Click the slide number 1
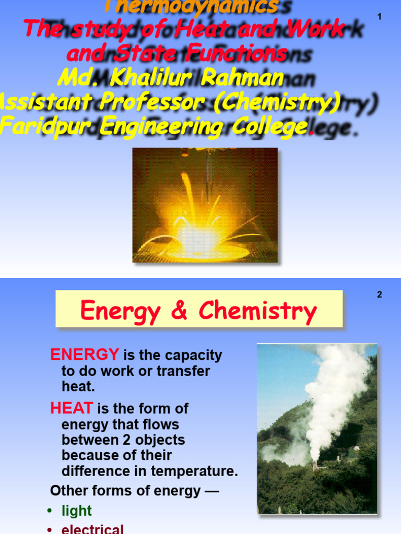tap(380, 17)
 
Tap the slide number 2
tap(380, 295)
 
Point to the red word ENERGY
tap(85, 355)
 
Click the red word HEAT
tap(72, 408)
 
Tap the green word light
tap(76, 511)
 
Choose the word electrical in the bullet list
tap(92, 529)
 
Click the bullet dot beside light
tap(50, 511)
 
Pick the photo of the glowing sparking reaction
tap(205, 204)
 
